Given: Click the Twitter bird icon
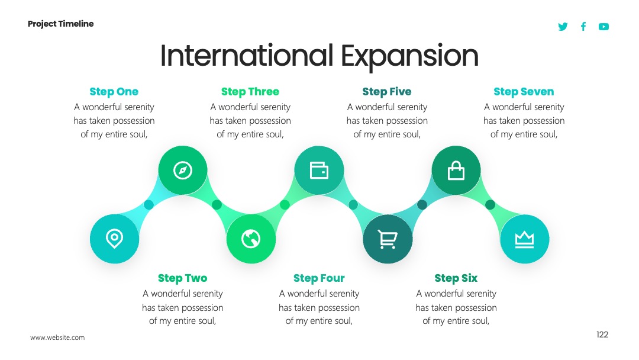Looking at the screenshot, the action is pyautogui.click(x=563, y=27).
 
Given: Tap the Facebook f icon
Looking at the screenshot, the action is pyautogui.click(x=583, y=27).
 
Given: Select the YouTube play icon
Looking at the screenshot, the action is pyautogui.click(x=603, y=27).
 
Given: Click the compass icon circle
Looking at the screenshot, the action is pyautogui.click(x=183, y=170).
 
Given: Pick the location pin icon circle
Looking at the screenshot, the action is pyautogui.click(x=115, y=239).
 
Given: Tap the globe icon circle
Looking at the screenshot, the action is pyautogui.click(x=251, y=239).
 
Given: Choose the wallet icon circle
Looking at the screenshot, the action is pyautogui.click(x=319, y=170).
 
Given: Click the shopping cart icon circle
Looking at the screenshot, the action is pyautogui.click(x=388, y=239).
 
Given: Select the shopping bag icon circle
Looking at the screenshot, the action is pyautogui.click(x=456, y=170).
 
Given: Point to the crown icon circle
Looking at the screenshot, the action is pyautogui.click(x=524, y=239).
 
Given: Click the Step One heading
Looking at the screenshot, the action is pyautogui.click(x=114, y=92).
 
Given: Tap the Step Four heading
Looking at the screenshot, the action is pyautogui.click(x=319, y=278).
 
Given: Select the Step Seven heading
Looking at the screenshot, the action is pyautogui.click(x=524, y=92).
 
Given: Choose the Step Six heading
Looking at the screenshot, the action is pyautogui.click(x=456, y=278).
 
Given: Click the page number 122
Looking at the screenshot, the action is pyautogui.click(x=602, y=335).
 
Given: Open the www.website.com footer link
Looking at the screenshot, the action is pyautogui.click(x=57, y=337).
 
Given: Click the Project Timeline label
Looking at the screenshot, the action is pyautogui.click(x=61, y=24).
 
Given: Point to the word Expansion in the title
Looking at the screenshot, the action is pyautogui.click(x=409, y=56).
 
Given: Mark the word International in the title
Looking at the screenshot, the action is pyautogui.click(x=247, y=56).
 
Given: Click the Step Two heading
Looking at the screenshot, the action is pyautogui.click(x=183, y=278).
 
